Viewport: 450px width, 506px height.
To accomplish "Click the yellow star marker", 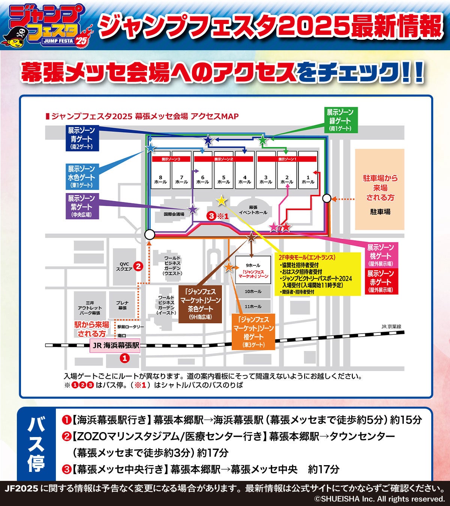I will pos(222,201).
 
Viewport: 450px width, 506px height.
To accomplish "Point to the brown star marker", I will pos(251,237).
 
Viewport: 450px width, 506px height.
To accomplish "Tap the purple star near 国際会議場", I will pos(193,210).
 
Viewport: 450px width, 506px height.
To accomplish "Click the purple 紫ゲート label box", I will pos(81,206).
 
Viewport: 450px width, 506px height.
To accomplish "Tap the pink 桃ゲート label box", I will pos(380,255).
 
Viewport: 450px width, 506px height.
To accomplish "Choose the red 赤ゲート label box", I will pos(380,281).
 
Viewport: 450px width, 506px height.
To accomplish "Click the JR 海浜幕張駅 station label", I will pos(115,345).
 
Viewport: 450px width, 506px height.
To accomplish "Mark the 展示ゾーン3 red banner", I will pos(171,159).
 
